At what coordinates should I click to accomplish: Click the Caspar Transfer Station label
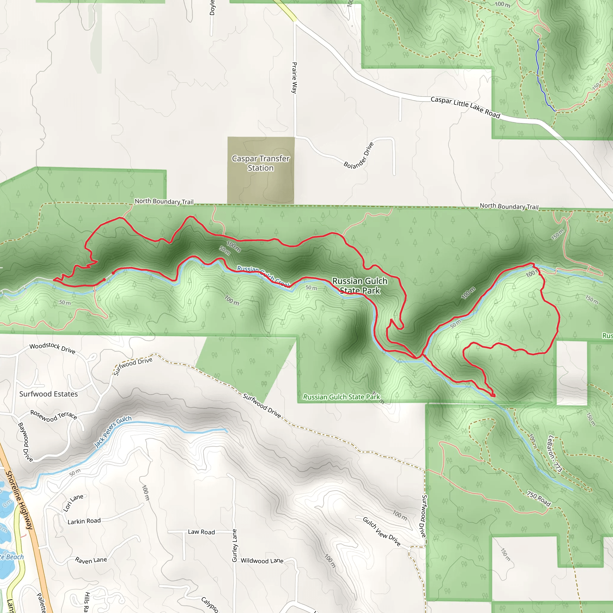260,163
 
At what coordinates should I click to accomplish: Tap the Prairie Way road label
295,78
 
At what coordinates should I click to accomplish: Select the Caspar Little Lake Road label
465,107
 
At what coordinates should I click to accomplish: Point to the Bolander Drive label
359,155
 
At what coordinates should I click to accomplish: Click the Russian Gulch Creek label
263,276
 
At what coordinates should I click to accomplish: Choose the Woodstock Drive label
52,348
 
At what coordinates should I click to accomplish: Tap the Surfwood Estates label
48,394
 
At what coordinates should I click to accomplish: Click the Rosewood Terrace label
54,415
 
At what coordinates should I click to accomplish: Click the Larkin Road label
84,521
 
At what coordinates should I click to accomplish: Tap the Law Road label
201,532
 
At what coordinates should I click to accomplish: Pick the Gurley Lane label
234,545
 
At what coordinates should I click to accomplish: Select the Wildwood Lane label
262,561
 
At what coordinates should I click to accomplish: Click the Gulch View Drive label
382,532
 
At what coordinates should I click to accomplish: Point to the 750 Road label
538,498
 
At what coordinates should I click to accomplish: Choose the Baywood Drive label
25,442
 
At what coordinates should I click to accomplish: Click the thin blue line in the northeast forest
538,76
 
